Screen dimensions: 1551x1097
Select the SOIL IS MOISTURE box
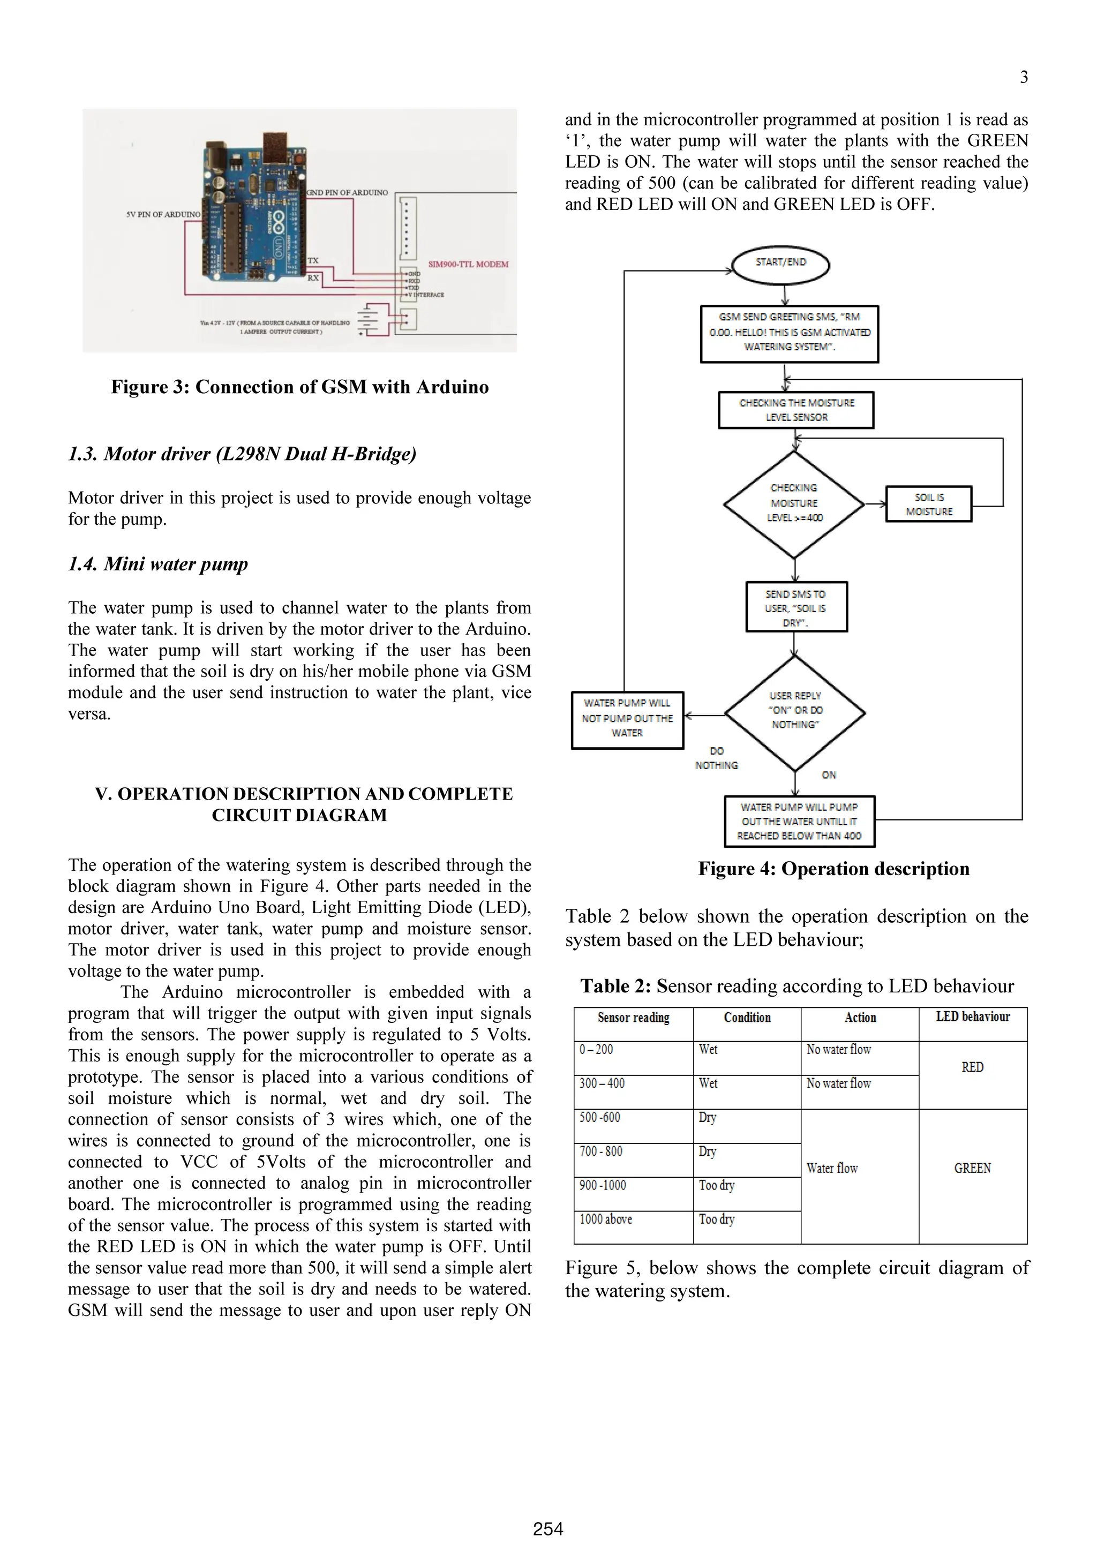click(929, 504)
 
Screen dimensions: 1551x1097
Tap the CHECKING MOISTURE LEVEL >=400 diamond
click(794, 504)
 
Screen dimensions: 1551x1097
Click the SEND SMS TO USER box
click(796, 607)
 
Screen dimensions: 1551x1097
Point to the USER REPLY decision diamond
click(795, 712)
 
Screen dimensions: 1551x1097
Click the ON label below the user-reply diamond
click(828, 775)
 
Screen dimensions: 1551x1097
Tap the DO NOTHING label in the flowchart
click(716, 758)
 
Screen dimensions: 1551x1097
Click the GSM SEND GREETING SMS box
click(789, 333)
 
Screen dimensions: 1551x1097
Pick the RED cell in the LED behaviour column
click(972, 1067)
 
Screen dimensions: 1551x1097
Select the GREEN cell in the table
click(972, 1168)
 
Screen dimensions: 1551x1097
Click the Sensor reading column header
click(633, 1018)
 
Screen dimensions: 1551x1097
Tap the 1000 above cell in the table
click(606, 1219)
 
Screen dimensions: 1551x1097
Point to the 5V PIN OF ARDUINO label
click(163, 214)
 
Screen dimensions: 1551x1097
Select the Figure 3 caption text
click(299, 387)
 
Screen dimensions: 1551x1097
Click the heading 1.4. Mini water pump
click(158, 563)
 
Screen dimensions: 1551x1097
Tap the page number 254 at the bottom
click(548, 1529)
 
